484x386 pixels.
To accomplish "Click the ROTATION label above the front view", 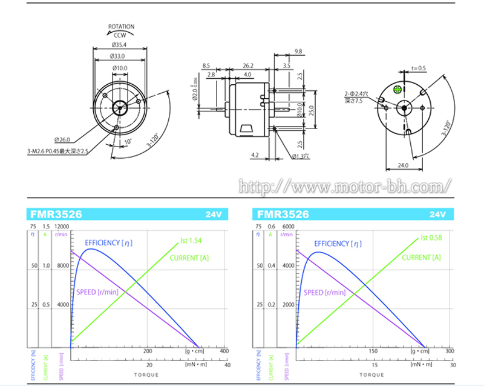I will coord(121,27).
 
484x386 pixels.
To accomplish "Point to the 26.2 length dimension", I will coord(247,65).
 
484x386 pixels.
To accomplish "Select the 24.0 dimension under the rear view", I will coord(403,165).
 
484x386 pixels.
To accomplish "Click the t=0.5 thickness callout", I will coord(419,68).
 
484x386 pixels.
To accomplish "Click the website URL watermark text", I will coord(345,186).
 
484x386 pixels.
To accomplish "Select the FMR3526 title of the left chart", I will coord(56,215).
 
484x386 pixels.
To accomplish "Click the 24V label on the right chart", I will coord(437,215).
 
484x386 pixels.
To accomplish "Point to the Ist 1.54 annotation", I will coord(191,241).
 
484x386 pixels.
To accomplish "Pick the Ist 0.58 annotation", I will coord(431,238).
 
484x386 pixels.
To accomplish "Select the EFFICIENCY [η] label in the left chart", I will coord(108,243).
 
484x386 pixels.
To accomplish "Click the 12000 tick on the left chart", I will coord(62,227).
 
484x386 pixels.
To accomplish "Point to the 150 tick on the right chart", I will coord(373,351).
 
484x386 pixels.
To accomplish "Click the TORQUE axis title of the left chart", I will coord(146,374).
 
